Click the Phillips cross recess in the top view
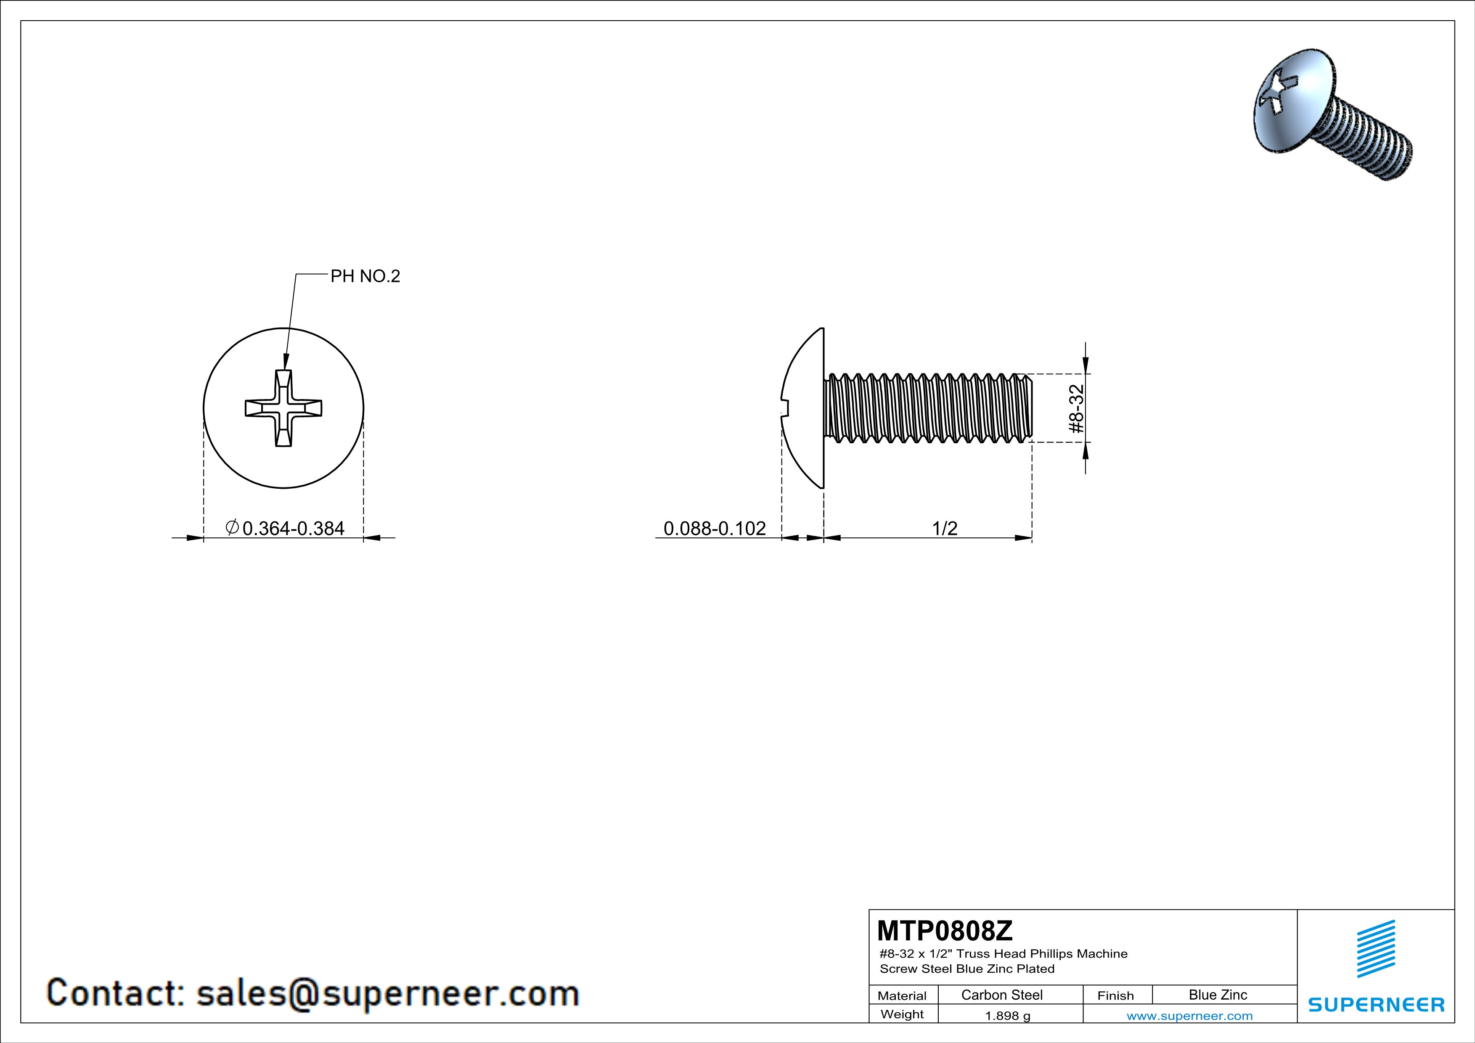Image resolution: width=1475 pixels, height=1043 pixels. pos(283,408)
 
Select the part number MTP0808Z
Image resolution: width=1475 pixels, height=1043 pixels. pos(944,930)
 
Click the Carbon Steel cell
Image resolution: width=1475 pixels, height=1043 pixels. pos(1001,995)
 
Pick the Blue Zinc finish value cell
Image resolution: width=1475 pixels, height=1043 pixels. pos(1217,995)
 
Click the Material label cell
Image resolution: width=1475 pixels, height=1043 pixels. pos(902,995)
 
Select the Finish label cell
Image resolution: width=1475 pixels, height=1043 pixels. pos(1115,995)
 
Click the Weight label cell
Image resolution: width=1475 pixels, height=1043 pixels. pos(902,1014)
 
